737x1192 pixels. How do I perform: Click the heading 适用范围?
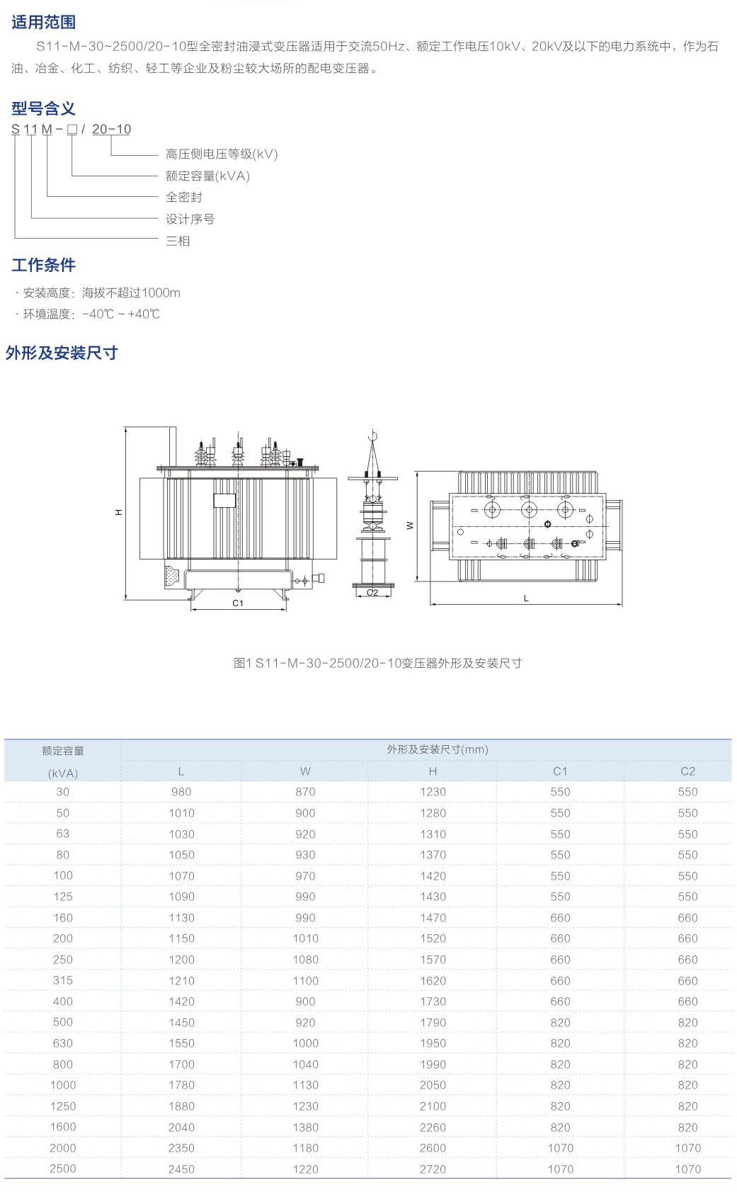44,22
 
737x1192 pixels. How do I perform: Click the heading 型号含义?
44,108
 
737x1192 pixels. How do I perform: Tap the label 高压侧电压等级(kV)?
222,154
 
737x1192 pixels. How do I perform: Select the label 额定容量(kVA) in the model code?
207,176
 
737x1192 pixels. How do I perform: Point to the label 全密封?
184,198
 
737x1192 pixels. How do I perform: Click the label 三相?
178,241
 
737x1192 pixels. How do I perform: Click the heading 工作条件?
44,264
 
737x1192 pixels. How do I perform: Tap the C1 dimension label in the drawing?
238,603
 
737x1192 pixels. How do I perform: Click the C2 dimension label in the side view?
372,592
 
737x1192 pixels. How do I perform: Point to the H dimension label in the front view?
118,512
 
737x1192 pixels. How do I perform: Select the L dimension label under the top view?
526,598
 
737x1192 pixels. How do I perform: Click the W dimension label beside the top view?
409,526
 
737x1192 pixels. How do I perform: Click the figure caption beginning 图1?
377,663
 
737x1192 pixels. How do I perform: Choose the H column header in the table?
433,771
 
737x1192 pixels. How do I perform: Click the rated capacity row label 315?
63,980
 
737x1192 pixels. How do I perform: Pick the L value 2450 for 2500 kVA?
181,1169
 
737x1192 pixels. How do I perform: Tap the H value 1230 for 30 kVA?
433,792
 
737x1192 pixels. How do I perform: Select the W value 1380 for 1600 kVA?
305,1127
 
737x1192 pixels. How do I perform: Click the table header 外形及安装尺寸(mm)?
437,749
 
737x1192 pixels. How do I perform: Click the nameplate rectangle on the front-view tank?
224,500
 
